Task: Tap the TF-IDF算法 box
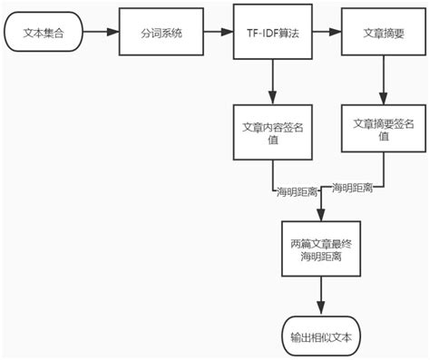point(272,33)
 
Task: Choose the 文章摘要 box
point(381,33)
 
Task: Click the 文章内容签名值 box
point(272,133)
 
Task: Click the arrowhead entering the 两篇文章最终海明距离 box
point(320,216)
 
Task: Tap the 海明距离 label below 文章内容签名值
point(297,192)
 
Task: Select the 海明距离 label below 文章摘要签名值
point(353,188)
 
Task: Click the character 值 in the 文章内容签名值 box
point(272,141)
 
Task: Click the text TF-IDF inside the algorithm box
point(260,33)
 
